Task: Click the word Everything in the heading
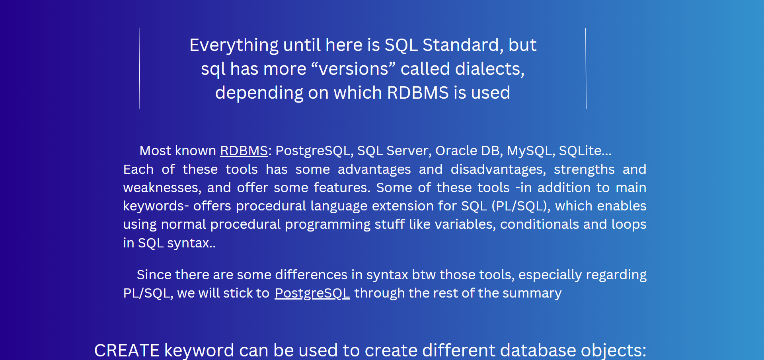coord(234,45)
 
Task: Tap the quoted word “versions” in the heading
coord(353,69)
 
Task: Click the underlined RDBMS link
coord(244,151)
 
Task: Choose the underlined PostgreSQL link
coord(312,293)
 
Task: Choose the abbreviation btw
coord(423,275)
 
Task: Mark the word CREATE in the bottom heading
coord(127,350)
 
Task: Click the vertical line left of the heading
coord(139,68)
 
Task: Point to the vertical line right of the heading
coord(586,68)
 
